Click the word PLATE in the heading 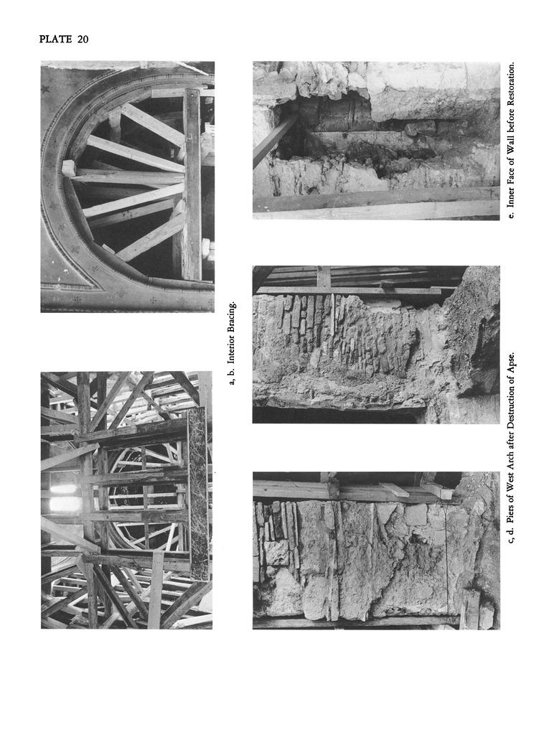55,39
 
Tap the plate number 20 83,39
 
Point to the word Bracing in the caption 232,317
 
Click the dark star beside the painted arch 45,88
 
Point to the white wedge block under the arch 68,168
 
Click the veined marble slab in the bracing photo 198,494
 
